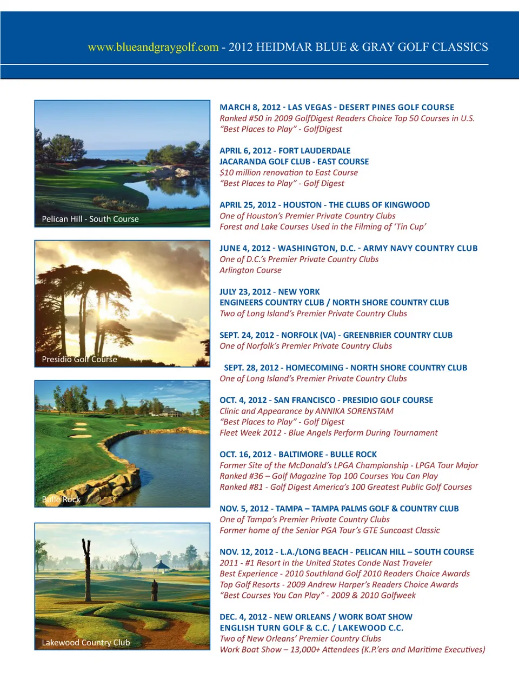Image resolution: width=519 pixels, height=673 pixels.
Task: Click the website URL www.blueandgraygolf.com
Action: point(153,48)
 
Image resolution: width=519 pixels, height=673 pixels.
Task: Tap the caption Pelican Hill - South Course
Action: point(90,219)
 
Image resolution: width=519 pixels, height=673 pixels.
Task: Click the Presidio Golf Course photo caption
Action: point(79,359)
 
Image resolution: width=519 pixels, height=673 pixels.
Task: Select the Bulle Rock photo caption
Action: point(61,499)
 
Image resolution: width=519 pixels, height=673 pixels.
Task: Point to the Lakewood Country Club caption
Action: point(86,642)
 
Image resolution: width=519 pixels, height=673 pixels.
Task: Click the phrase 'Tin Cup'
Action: point(410,226)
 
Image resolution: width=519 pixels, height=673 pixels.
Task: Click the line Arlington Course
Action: point(250,270)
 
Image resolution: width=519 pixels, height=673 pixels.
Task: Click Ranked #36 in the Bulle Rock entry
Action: point(241,476)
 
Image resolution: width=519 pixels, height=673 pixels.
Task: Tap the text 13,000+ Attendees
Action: point(324,649)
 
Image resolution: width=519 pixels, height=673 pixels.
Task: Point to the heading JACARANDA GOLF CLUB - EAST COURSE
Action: point(294,162)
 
